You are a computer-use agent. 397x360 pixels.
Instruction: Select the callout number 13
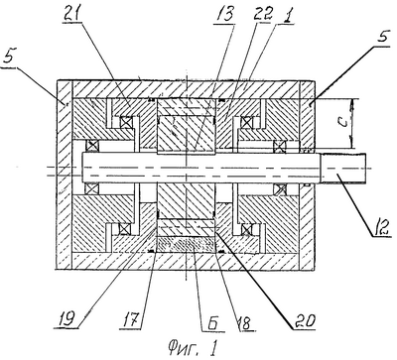[x=224, y=15]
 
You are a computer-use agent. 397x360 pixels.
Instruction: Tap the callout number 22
[x=263, y=14]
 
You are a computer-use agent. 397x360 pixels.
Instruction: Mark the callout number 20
[x=303, y=320]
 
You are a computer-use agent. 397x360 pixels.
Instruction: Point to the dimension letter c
[x=344, y=122]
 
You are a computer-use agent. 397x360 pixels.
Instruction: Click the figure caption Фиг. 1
[x=193, y=347]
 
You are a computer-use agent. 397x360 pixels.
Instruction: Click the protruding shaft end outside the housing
[x=344, y=169]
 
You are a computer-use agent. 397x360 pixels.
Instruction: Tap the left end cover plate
[x=65, y=175]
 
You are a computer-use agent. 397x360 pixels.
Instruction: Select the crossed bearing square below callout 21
[x=126, y=122]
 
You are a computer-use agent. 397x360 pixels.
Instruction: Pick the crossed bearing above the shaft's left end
[x=92, y=146]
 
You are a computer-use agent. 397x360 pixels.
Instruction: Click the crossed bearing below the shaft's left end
[x=92, y=188]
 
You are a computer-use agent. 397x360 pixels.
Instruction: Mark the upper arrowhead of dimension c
[x=352, y=102]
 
